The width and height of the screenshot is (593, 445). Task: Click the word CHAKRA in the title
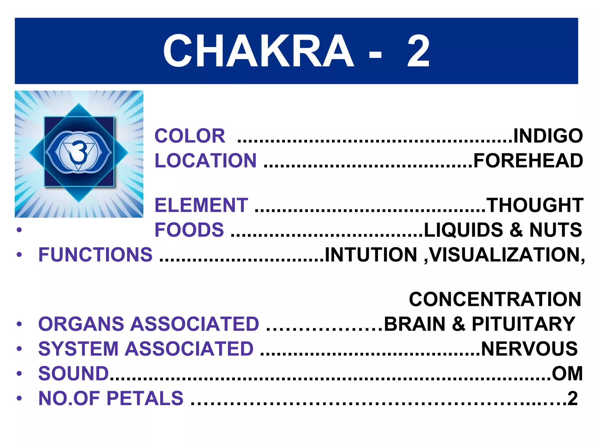(x=258, y=51)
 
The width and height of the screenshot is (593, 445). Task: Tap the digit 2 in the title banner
(x=418, y=51)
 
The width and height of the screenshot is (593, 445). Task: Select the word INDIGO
(x=548, y=136)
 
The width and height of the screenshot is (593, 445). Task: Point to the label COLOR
(x=190, y=136)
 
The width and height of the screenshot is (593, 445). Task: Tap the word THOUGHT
(x=535, y=205)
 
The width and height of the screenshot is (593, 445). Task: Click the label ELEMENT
(x=201, y=205)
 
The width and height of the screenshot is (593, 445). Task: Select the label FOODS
(x=189, y=230)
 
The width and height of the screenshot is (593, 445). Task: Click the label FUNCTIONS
(x=95, y=255)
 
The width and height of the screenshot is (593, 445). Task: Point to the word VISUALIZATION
(x=507, y=255)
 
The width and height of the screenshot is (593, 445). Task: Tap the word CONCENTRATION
(x=495, y=299)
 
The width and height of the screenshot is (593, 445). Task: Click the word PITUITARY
(x=524, y=324)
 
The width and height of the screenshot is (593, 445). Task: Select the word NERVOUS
(x=529, y=349)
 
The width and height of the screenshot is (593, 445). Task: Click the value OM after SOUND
(x=567, y=373)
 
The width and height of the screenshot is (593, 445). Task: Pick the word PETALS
(x=145, y=398)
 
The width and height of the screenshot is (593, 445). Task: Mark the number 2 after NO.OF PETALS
(x=572, y=398)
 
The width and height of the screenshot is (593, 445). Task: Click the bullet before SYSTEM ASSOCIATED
(x=19, y=349)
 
